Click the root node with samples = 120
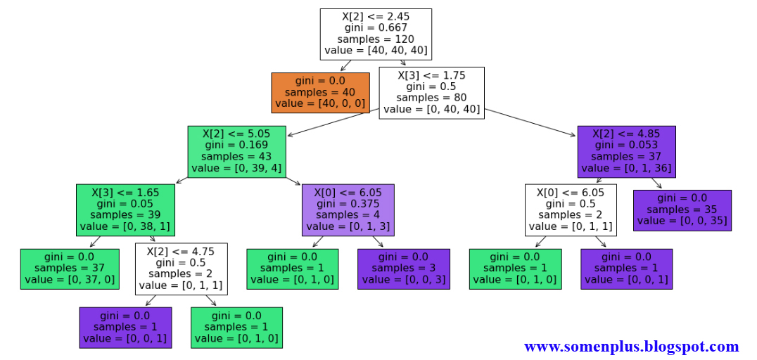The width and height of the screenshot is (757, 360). pyautogui.click(x=375, y=34)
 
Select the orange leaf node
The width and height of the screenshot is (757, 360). pyautogui.click(x=320, y=92)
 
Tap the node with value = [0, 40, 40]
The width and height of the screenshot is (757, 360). pyautogui.click(x=431, y=92)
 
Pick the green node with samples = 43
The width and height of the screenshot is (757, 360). pyautogui.click(x=237, y=150)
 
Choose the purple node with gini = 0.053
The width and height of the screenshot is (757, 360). pyautogui.click(x=626, y=150)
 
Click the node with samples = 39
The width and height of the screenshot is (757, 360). pyautogui.click(x=125, y=209)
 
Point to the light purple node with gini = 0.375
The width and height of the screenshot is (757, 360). pyautogui.click(x=348, y=209)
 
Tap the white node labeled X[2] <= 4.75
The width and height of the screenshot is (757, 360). pyautogui.click(x=181, y=269)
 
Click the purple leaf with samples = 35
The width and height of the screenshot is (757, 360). pyautogui.click(x=682, y=210)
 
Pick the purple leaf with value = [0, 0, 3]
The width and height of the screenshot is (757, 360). pyautogui.click(x=403, y=269)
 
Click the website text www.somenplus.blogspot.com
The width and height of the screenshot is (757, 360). pyautogui.click(x=631, y=347)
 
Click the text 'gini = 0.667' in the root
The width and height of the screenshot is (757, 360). pyautogui.click(x=375, y=27)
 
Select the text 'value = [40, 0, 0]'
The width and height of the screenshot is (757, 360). pyautogui.click(x=320, y=103)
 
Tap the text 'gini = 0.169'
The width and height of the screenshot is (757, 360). pyautogui.click(x=237, y=144)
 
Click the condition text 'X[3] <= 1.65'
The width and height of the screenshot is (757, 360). pyautogui.click(x=125, y=191)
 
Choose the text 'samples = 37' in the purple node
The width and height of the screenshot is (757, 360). pyautogui.click(x=626, y=157)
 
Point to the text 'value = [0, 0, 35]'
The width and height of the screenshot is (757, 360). pyautogui.click(x=682, y=221)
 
